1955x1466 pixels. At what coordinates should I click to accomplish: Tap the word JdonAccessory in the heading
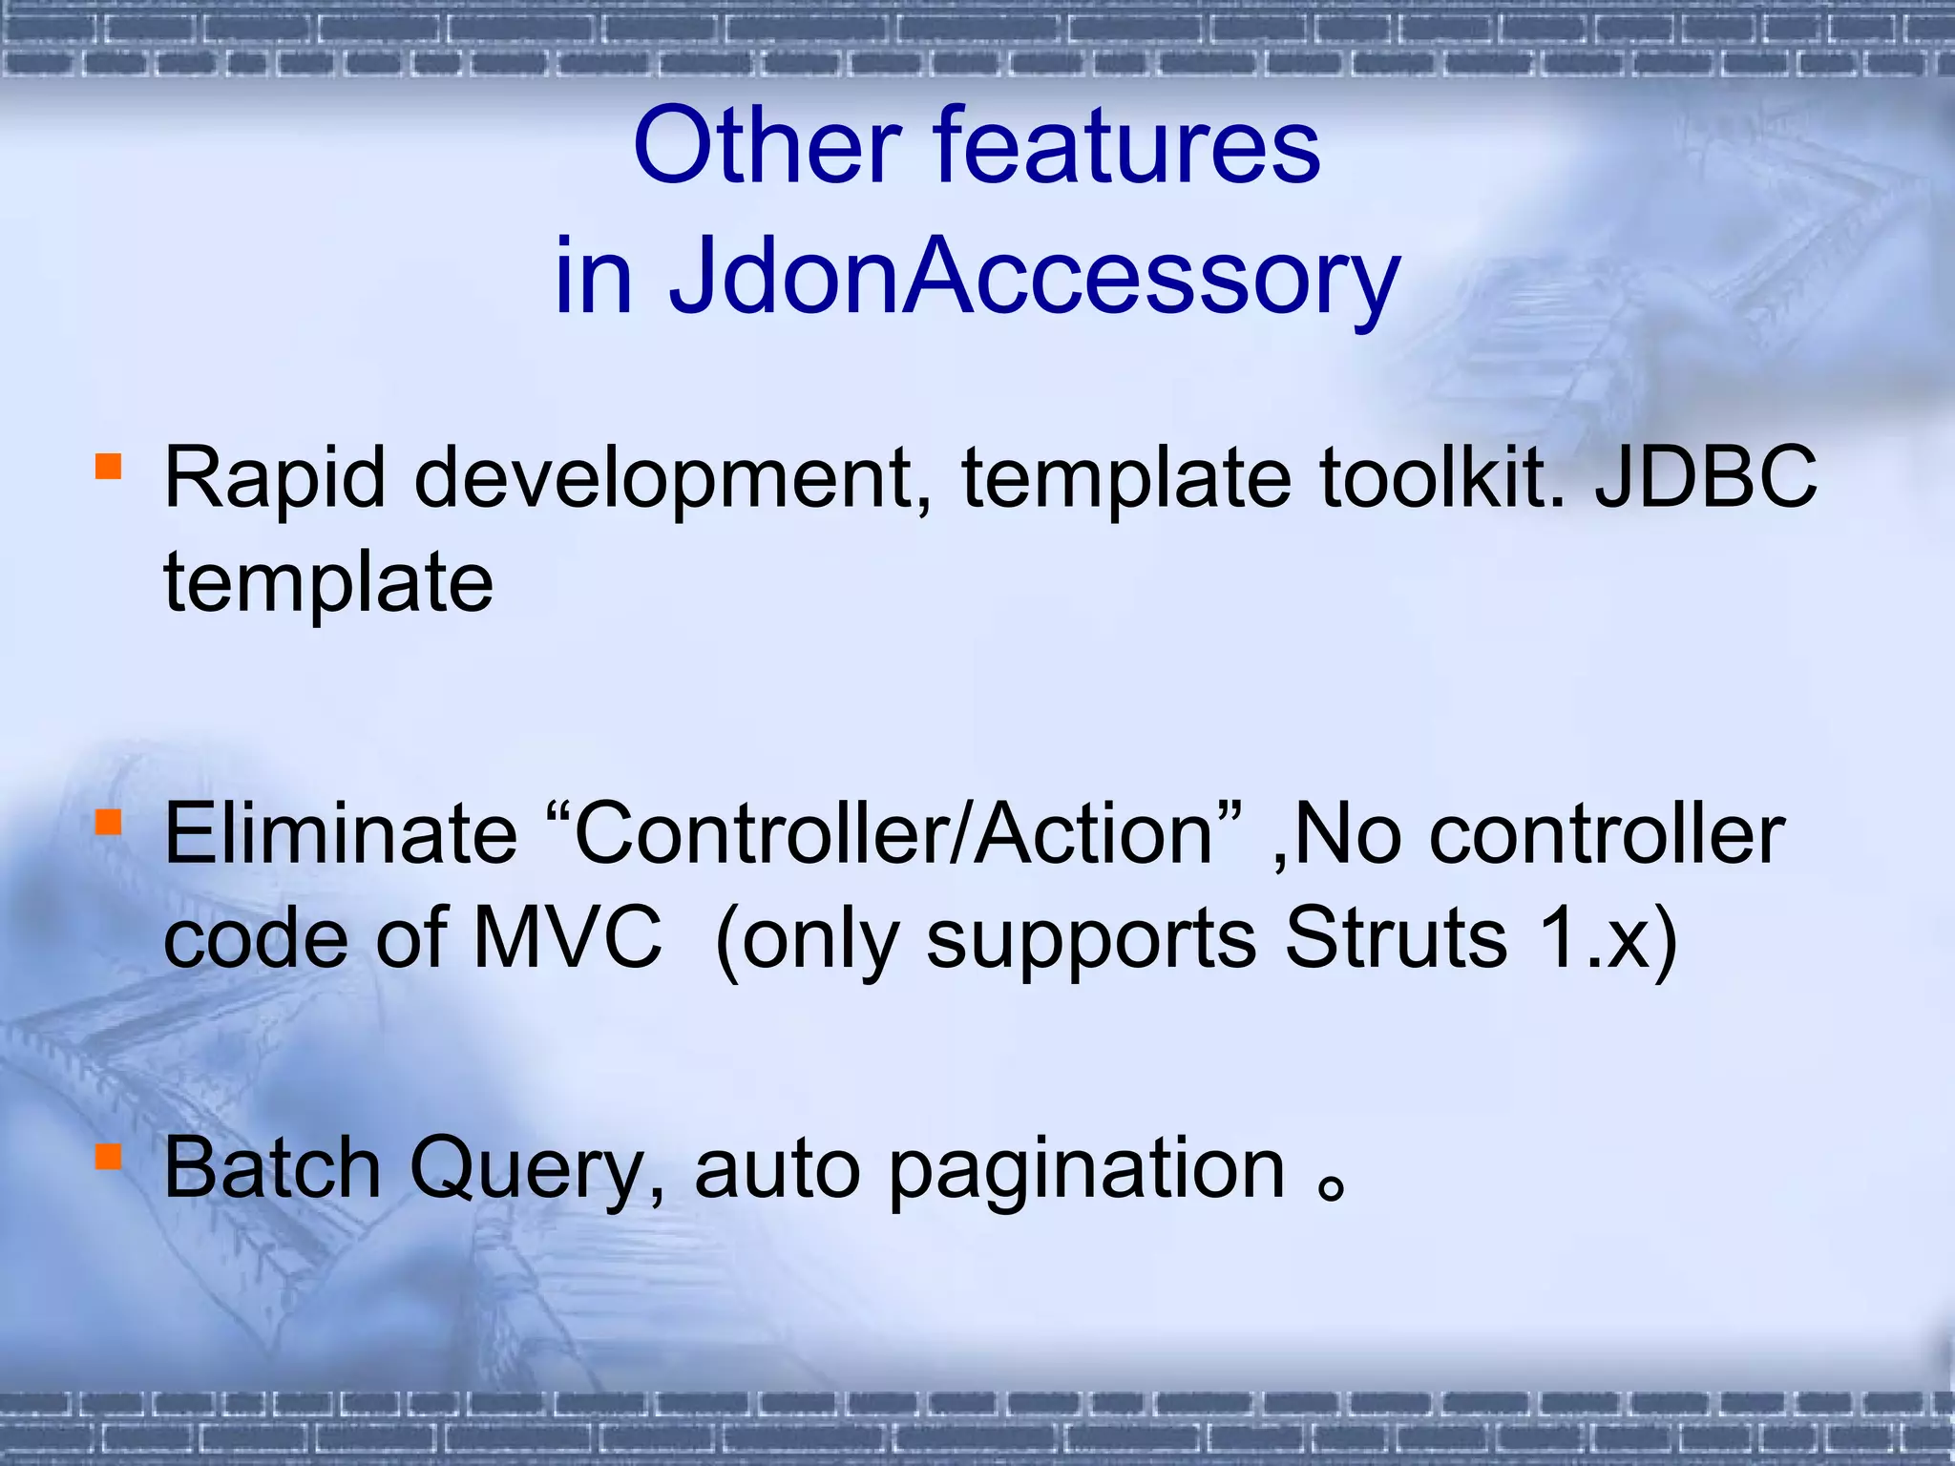point(1033,277)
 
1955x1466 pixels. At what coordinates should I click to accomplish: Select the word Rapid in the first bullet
point(274,480)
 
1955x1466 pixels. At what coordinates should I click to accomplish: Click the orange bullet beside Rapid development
point(108,467)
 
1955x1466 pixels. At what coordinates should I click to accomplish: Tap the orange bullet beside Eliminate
point(108,822)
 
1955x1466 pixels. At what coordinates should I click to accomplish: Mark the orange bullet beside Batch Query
point(108,1157)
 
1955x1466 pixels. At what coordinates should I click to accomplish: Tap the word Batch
point(272,1168)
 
